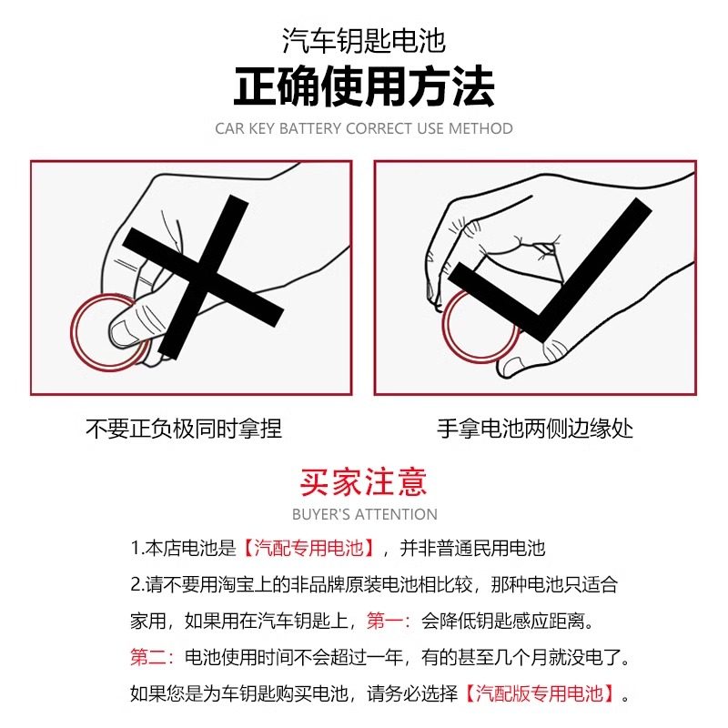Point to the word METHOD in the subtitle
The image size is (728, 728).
pyautogui.click(x=480, y=128)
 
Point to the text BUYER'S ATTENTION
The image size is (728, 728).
pyautogui.click(x=364, y=514)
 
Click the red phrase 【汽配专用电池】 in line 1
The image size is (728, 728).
pyautogui.click(x=309, y=549)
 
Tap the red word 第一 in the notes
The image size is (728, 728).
pyautogui.click(x=387, y=622)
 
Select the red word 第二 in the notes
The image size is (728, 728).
pyautogui.click(x=151, y=657)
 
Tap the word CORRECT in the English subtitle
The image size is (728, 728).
pyautogui.click(x=379, y=128)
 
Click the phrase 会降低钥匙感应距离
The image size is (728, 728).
pyautogui.click(x=504, y=622)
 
